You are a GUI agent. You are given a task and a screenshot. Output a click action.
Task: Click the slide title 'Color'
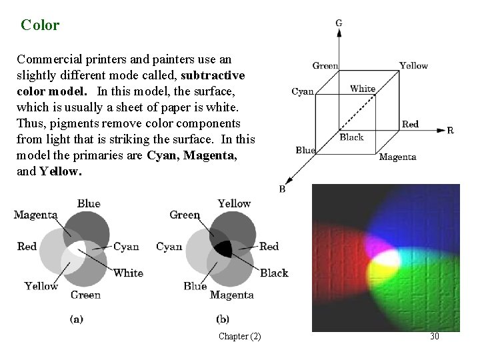click(40, 25)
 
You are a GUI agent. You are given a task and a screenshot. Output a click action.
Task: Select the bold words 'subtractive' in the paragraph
click(213, 74)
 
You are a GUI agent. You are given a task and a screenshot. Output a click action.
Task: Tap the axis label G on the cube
click(339, 23)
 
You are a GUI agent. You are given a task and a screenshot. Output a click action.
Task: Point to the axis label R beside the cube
click(450, 131)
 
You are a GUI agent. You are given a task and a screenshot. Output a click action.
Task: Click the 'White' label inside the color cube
click(363, 89)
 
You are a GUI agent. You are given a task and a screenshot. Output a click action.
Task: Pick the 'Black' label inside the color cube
click(351, 137)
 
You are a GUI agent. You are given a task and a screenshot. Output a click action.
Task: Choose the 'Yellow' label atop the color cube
click(413, 65)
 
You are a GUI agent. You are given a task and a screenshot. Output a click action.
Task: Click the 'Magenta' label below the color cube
click(397, 157)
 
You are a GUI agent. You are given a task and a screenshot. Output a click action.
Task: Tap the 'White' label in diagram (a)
click(128, 273)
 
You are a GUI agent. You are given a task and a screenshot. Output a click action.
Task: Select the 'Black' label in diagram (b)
click(273, 273)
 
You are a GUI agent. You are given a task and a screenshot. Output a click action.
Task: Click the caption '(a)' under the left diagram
click(77, 319)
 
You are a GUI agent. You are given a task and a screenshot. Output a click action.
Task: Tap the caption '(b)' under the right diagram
click(223, 319)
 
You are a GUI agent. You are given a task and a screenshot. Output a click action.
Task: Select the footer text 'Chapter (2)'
click(240, 336)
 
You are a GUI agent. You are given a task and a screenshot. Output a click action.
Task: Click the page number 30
click(435, 336)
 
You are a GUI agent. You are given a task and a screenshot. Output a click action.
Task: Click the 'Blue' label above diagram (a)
click(89, 203)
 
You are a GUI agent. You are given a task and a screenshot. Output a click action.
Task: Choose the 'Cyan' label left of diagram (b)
click(169, 247)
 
